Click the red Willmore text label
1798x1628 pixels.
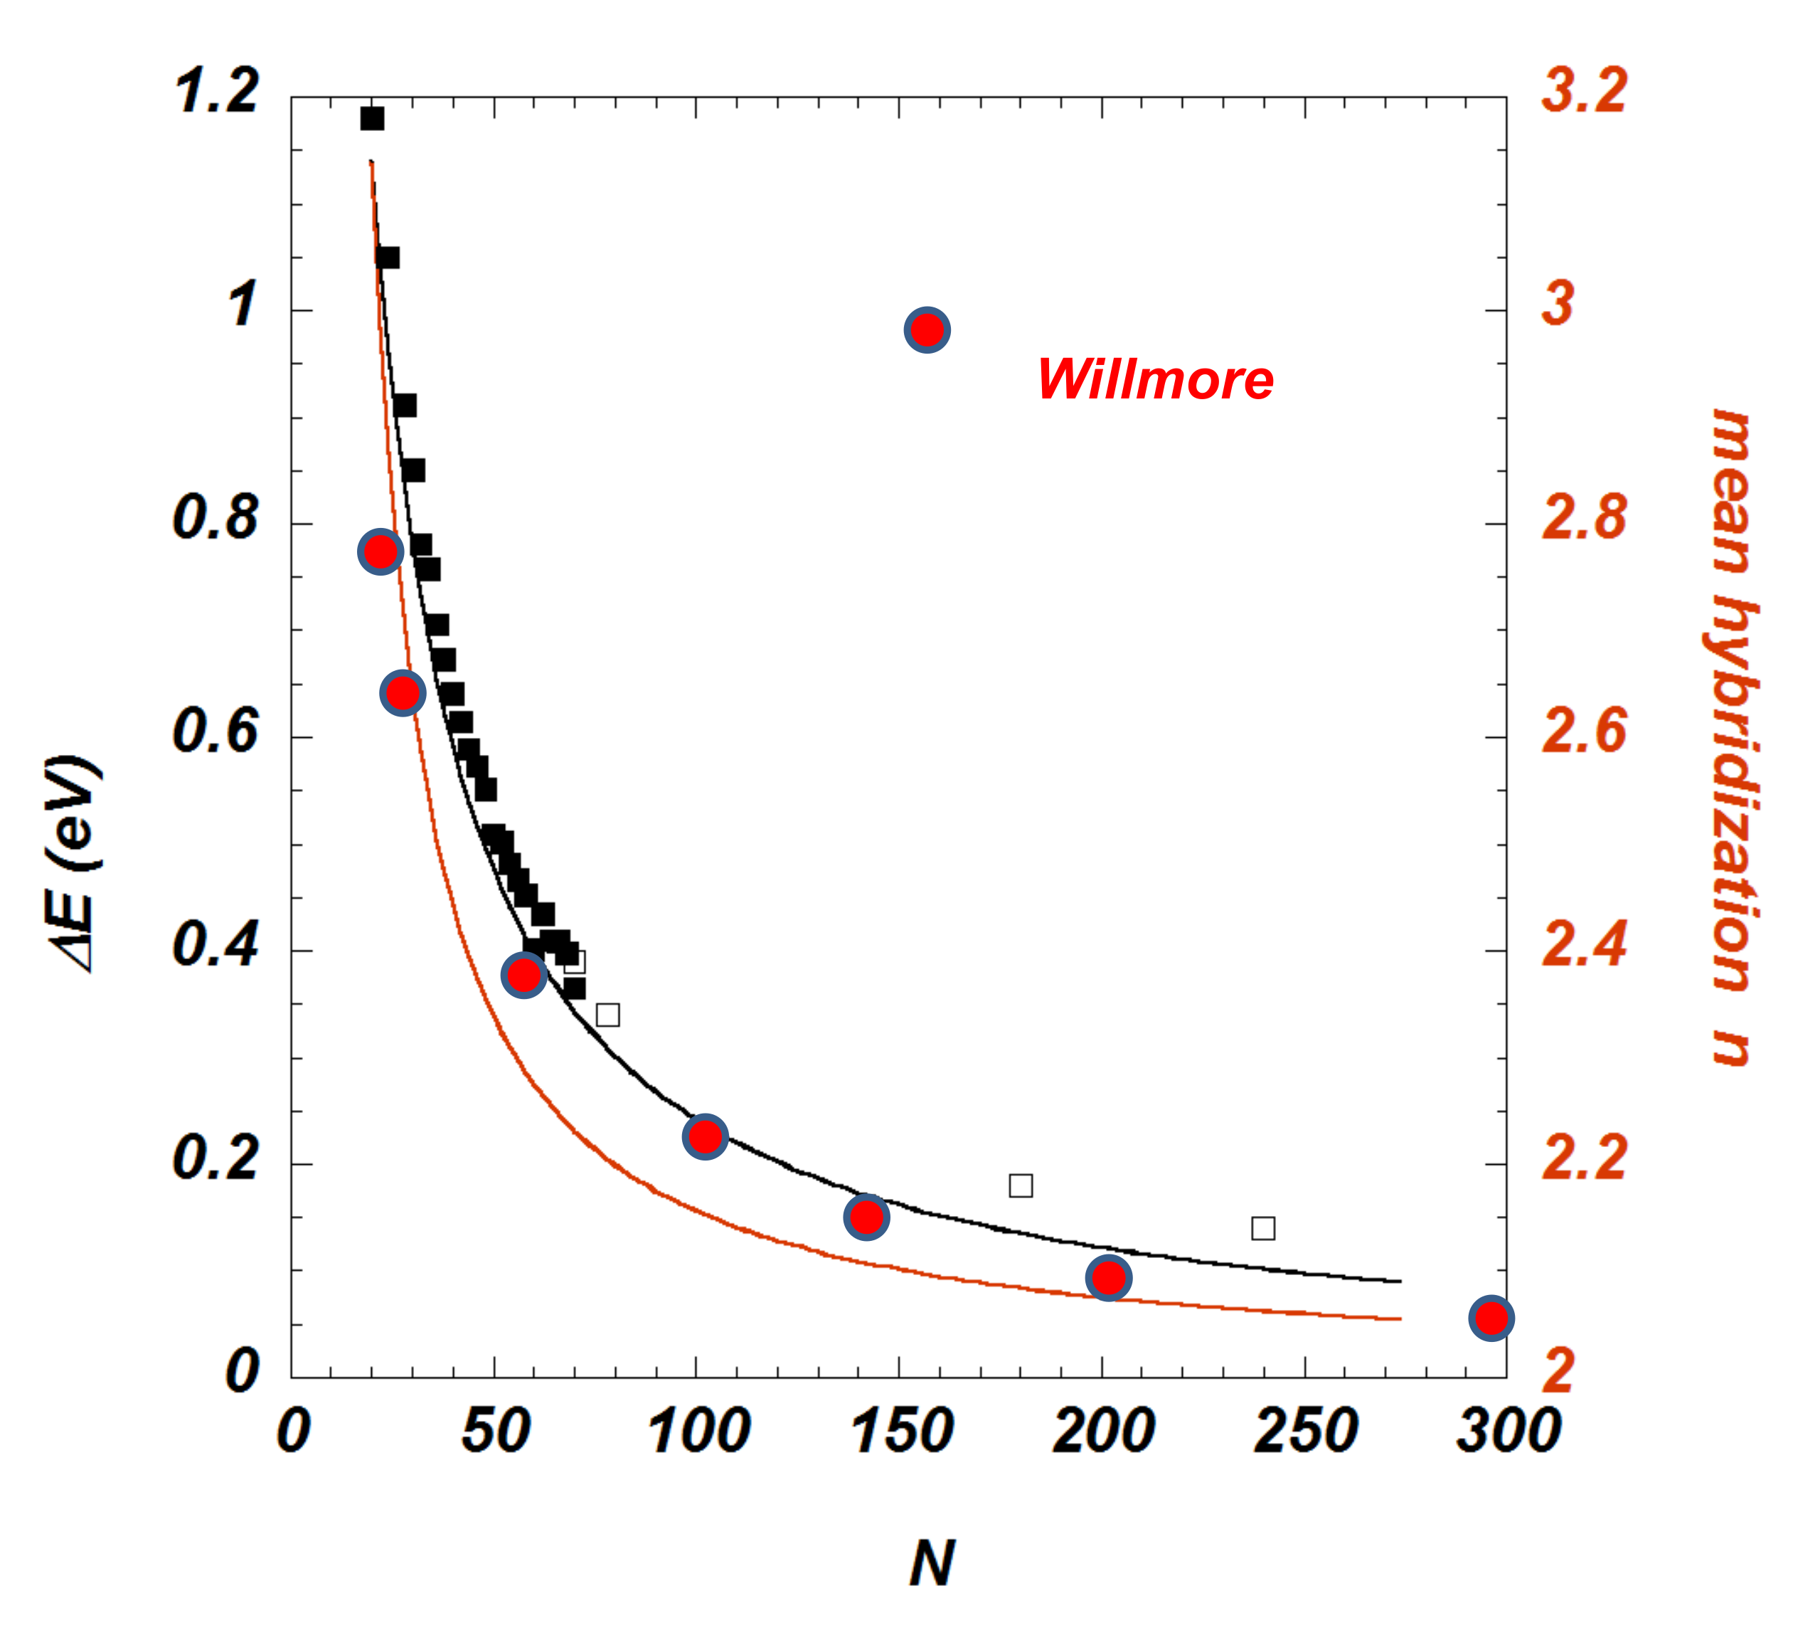coord(1155,380)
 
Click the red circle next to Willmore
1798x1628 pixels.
coord(927,331)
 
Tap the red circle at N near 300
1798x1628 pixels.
coord(1491,1318)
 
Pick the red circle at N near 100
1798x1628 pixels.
coord(706,1137)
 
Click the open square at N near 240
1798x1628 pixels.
coord(1263,1228)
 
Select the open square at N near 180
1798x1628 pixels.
coord(1021,1185)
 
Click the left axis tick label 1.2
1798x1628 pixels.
coord(218,92)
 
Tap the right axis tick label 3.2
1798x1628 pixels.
coord(1585,92)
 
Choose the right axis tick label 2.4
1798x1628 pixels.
coord(1585,946)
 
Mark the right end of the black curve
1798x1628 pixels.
coord(1400,1281)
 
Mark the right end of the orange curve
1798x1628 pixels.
coord(1400,1318)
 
